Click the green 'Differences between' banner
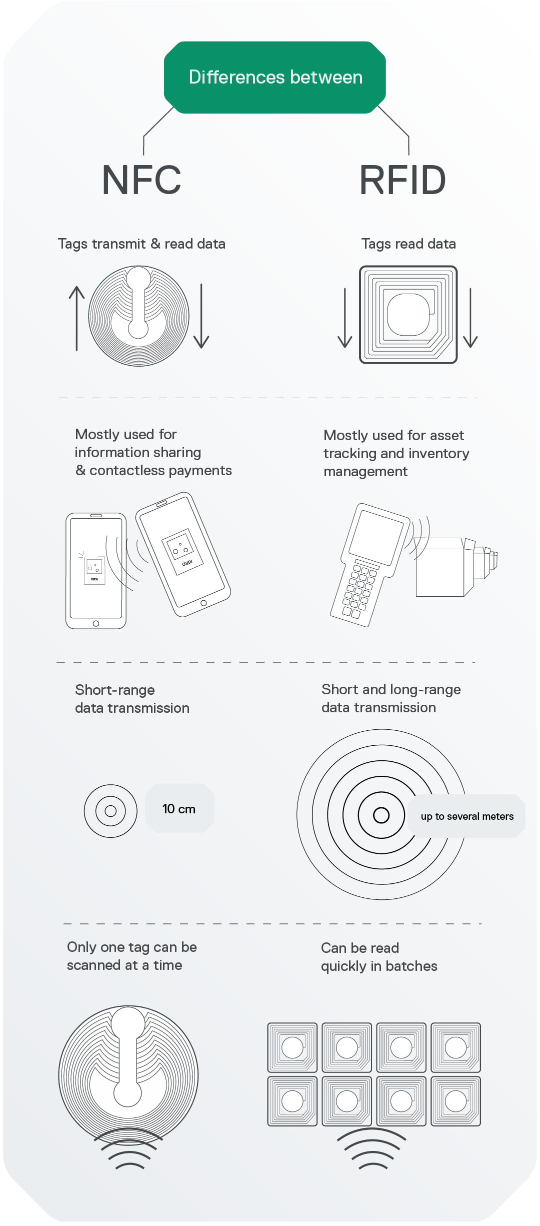pos(275,78)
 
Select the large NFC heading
pos(141,180)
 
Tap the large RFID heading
pos(402,180)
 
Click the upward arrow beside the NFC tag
pos(76,318)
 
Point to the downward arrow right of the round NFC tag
pos(201,316)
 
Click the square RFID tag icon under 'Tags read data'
pos(408,315)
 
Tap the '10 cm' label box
pos(179,808)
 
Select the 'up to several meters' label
pos(467,816)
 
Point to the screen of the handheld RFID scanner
pos(376,535)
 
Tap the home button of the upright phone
pos(96,623)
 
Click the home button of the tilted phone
pos(203,603)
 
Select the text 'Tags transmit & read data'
pos(141,244)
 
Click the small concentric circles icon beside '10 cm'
pos(110,811)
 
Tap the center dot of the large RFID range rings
pos(381,815)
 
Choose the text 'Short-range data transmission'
pos(132,699)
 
